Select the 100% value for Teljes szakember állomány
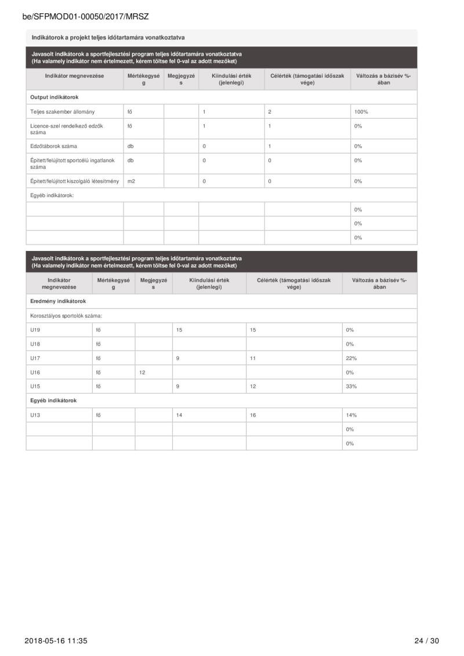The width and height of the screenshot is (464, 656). coord(361,111)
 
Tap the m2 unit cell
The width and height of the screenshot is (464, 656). coord(131,181)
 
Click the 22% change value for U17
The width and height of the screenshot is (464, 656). coord(351,358)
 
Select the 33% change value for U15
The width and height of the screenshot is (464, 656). coord(351,386)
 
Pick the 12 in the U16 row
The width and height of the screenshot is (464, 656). coord(142,372)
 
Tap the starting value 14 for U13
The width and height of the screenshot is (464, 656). coord(179,415)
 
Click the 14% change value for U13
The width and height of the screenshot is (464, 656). coord(351,415)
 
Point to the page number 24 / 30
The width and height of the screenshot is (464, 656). coord(426,640)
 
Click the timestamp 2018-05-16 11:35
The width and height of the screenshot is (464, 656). coord(56,640)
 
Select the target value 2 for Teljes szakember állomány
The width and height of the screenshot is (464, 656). coord(270,111)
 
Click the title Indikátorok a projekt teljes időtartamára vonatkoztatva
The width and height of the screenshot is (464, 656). coord(108,38)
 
